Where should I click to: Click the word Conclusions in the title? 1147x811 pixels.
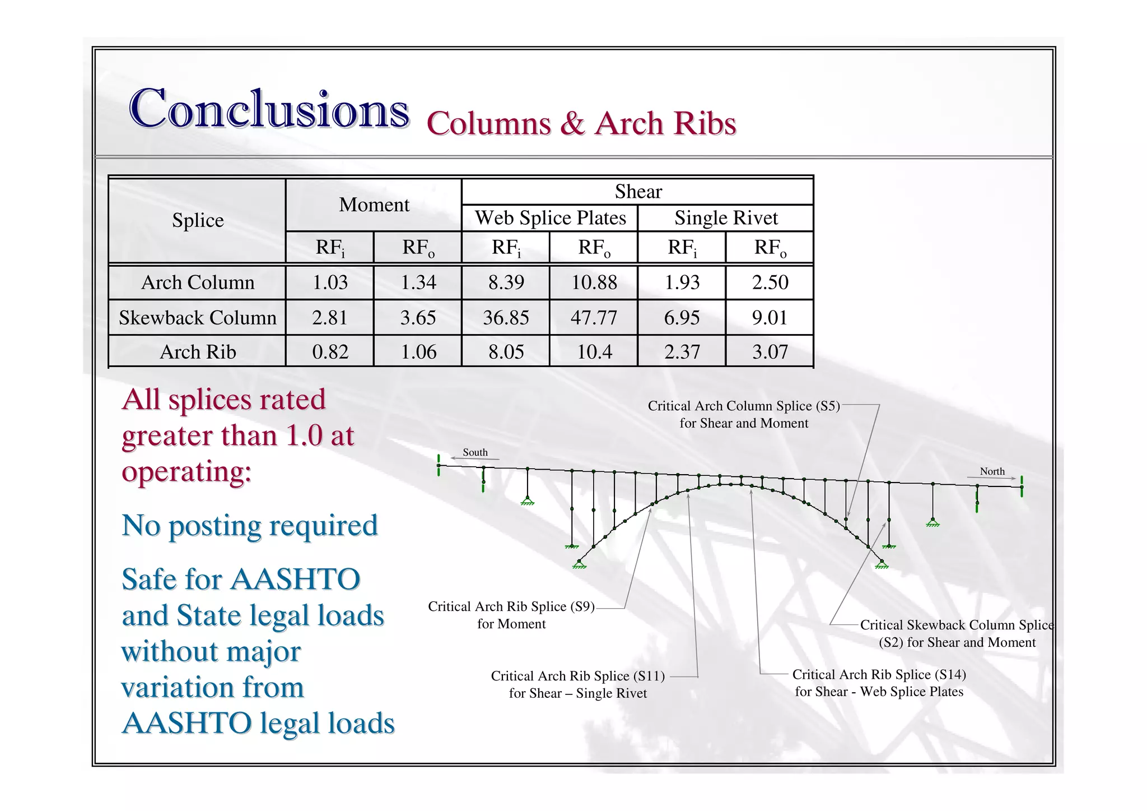(x=269, y=109)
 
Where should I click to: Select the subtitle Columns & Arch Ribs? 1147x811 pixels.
(x=581, y=123)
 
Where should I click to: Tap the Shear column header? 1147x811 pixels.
(x=638, y=192)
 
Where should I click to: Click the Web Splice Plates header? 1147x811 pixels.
(x=550, y=218)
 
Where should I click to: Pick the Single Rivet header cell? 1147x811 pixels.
(x=726, y=218)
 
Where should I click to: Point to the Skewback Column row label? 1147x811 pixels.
(x=197, y=318)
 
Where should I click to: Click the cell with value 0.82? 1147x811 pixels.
(x=330, y=352)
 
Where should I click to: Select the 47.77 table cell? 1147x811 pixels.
(x=594, y=318)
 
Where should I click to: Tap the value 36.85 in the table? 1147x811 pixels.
(x=506, y=318)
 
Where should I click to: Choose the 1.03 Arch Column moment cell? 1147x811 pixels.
(x=330, y=282)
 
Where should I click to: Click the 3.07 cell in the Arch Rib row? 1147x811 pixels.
(x=770, y=352)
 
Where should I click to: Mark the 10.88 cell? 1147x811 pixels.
(x=594, y=282)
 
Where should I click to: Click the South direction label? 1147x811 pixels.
(x=475, y=452)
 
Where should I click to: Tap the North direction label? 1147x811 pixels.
(x=992, y=471)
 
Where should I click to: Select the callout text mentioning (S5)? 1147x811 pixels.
(x=744, y=414)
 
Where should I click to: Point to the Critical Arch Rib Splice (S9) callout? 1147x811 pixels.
(x=511, y=615)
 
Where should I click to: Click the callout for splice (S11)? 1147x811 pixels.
(x=577, y=684)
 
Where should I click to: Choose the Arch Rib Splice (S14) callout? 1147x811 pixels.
(x=879, y=683)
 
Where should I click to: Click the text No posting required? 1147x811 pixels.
(x=250, y=526)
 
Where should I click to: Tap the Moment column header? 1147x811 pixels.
(x=374, y=205)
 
